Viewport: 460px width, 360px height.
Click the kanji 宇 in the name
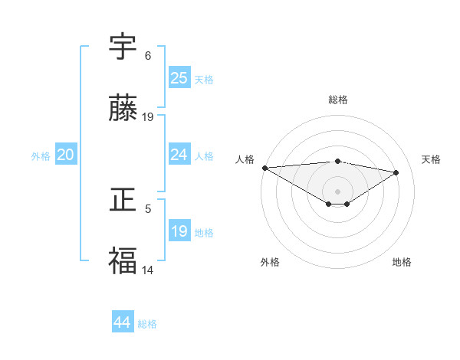[123, 47]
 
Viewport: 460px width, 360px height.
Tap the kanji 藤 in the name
[123, 110]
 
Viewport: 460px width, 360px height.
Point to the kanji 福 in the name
[123, 261]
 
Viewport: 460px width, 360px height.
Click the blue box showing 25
[179, 78]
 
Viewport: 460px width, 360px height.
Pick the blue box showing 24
[179, 155]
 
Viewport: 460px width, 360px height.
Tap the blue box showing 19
[179, 231]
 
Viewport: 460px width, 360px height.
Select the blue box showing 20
[66, 155]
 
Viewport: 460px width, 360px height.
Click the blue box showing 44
[123, 322]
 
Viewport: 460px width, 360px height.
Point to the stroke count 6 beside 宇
[148, 56]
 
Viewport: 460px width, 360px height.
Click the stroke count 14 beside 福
[148, 270]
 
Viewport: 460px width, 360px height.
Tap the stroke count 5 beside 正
[148, 208]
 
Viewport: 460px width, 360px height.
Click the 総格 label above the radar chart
[338, 100]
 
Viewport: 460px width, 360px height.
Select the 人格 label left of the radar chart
[245, 159]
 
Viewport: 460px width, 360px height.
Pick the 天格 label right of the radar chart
[432, 159]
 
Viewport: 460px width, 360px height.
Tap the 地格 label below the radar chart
[402, 263]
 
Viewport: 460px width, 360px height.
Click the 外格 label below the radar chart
[270, 263]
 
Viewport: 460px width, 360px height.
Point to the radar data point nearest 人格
[264, 168]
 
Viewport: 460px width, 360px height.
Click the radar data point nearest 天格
[396, 172]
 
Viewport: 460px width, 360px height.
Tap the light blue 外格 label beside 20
[41, 156]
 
